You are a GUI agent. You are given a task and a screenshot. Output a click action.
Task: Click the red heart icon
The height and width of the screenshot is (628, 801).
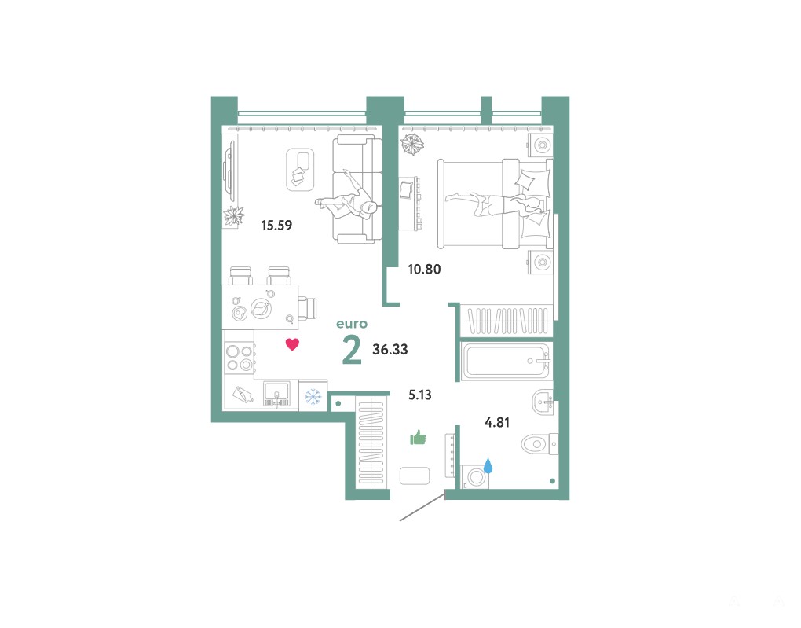coord(292,344)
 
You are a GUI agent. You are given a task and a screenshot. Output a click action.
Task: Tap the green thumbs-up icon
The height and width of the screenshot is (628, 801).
coord(419,438)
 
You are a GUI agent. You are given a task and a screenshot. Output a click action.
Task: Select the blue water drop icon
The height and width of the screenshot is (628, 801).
coord(488,465)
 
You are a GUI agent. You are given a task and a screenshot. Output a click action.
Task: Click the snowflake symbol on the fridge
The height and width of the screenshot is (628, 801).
coord(313,396)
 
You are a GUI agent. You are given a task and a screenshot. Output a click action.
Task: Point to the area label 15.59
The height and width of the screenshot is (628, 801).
coord(276,225)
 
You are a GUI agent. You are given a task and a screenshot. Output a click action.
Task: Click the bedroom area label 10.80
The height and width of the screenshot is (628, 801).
coord(424,269)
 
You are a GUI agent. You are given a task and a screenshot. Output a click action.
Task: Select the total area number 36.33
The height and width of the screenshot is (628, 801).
coord(390,349)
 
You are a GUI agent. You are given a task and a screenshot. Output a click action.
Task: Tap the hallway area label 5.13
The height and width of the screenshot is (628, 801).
coord(420,395)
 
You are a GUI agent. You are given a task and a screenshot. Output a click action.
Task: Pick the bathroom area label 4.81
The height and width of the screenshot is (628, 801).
coord(497,422)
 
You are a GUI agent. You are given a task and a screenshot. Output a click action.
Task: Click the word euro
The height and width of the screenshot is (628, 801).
coord(352,324)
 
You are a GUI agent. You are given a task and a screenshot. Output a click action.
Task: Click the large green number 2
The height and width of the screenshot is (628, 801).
coord(352,350)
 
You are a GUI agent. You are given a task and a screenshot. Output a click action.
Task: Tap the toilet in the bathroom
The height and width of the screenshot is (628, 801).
coord(539,443)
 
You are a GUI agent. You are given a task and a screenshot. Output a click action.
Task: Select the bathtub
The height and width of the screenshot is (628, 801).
coord(505,361)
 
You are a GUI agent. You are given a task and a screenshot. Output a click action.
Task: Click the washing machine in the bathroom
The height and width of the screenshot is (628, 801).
coord(475,477)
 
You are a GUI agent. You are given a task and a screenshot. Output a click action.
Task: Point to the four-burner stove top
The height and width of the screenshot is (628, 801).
coord(239,358)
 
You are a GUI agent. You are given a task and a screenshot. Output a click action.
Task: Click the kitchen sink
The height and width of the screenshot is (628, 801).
coord(276,395)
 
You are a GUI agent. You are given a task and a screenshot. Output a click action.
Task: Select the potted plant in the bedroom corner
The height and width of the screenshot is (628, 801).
coord(411,144)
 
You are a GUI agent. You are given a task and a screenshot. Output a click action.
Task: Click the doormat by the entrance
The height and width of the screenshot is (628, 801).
coord(415,476)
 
